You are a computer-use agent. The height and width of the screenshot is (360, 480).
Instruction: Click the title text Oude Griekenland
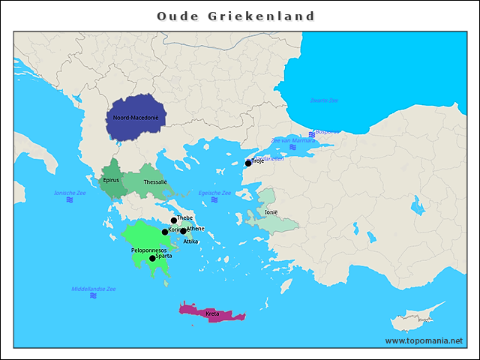pyautogui.click(x=236, y=16)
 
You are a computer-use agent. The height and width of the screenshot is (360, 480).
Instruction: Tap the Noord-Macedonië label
pyautogui.click(x=136, y=118)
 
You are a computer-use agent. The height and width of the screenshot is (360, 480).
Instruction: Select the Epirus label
pyautogui.click(x=111, y=180)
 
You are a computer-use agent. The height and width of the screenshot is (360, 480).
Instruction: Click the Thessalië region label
pyautogui.click(x=155, y=181)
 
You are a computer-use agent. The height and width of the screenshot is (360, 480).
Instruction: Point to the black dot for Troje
pyautogui.click(x=248, y=163)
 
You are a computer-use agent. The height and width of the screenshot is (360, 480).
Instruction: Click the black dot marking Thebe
pyautogui.click(x=173, y=220)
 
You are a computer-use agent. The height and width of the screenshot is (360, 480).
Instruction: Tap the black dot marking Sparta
pyautogui.click(x=152, y=258)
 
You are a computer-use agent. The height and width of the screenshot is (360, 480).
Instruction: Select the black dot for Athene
pyautogui.click(x=183, y=231)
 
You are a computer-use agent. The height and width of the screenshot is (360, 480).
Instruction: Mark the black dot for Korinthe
pyautogui.click(x=165, y=232)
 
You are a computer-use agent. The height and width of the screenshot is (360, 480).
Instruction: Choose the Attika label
pyautogui.click(x=190, y=241)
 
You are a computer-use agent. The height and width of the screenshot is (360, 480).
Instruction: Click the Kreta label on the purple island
pyautogui.click(x=212, y=313)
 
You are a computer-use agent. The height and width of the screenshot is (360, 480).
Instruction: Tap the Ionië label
pyautogui.click(x=271, y=212)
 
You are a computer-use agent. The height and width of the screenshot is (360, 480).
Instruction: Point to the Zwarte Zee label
pyautogui.click(x=324, y=100)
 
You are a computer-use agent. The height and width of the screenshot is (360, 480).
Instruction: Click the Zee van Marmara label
pyautogui.click(x=292, y=140)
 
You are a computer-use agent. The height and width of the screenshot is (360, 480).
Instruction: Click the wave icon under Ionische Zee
pyautogui.click(x=70, y=200)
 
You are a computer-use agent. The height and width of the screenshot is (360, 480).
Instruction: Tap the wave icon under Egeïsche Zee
pyautogui.click(x=214, y=200)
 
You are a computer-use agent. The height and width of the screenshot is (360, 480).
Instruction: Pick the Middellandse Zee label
pyautogui.click(x=93, y=289)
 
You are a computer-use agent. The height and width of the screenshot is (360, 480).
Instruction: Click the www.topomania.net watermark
pyautogui.click(x=424, y=340)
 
